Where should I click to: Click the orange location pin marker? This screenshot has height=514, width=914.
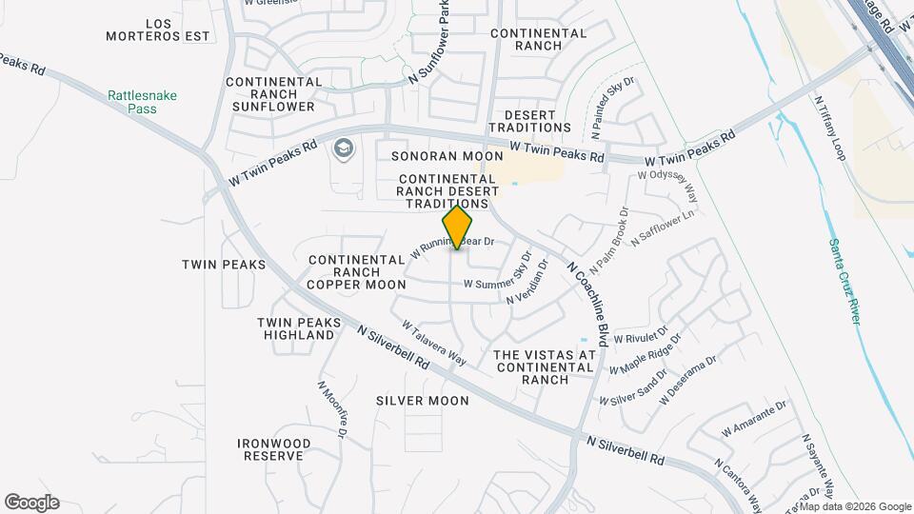[x=458, y=227]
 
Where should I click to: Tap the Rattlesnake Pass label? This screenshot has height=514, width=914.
[x=143, y=102]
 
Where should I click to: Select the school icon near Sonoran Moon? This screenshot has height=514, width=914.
[x=342, y=149]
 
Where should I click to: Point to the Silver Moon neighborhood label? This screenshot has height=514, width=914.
[x=422, y=401]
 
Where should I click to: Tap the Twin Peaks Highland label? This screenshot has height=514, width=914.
[x=299, y=328]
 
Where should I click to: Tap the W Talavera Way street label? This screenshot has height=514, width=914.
[x=433, y=343]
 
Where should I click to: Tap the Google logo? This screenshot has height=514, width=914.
[x=31, y=503]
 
